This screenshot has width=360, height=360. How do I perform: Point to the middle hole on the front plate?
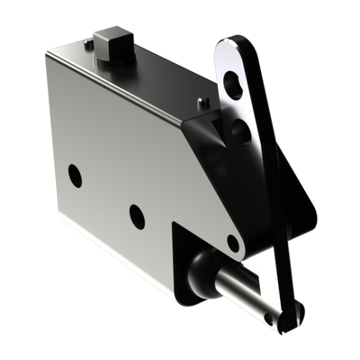(x=137, y=213)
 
